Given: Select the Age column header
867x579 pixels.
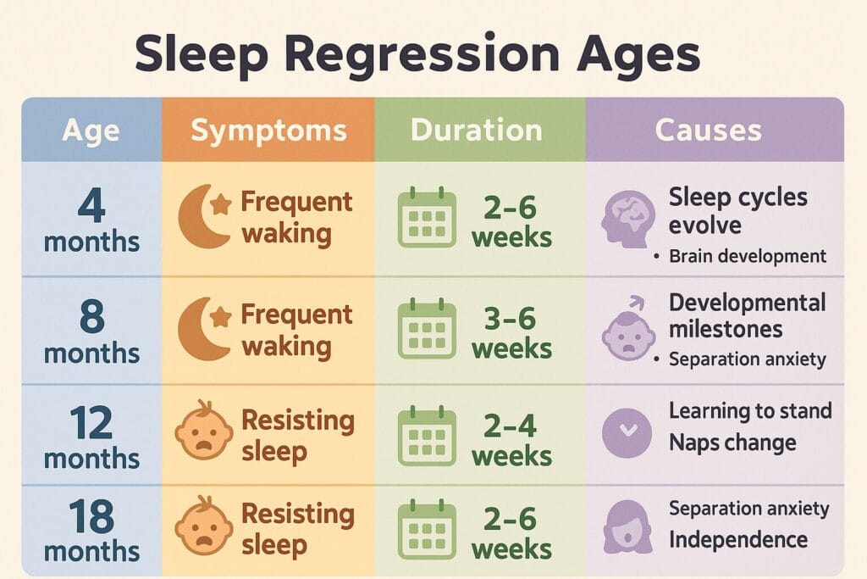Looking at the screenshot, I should click(x=91, y=131).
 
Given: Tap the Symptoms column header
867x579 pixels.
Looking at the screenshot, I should click(x=268, y=131).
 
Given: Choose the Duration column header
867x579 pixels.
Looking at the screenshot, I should click(x=476, y=131).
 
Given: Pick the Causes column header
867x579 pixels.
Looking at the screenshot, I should click(x=708, y=131).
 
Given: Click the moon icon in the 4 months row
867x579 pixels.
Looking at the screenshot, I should click(x=203, y=217).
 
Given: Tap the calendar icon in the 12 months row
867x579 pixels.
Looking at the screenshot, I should click(x=427, y=437).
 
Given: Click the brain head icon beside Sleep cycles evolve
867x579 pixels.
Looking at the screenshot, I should click(x=627, y=217).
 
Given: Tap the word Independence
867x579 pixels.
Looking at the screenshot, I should click(x=737, y=539).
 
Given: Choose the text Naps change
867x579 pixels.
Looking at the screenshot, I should click(x=732, y=442).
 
